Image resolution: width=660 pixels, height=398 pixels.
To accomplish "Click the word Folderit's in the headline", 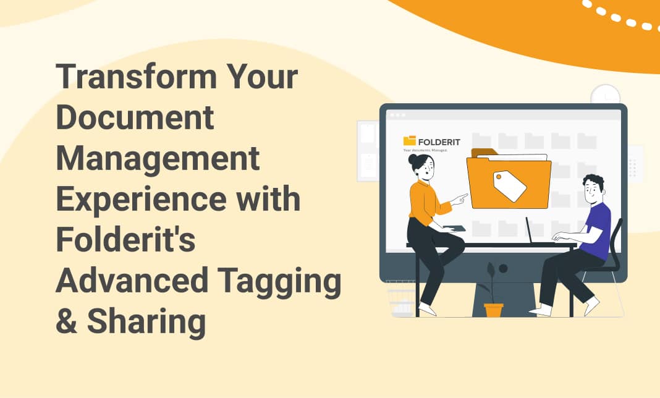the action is (x=125, y=239).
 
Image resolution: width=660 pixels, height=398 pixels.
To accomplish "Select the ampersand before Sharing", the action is (x=67, y=321).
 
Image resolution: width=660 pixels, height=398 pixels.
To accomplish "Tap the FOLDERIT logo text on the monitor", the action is (x=439, y=142).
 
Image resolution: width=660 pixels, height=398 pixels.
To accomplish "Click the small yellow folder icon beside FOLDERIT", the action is (x=410, y=141).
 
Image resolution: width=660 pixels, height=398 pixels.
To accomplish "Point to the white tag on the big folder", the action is (x=509, y=186).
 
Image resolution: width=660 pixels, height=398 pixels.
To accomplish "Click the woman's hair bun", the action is (x=412, y=159).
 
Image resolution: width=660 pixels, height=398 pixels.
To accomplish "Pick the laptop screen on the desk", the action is (x=528, y=230).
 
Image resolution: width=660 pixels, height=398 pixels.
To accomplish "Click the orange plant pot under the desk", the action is (x=493, y=310).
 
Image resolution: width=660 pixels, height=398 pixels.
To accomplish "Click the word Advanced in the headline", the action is (x=132, y=280).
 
